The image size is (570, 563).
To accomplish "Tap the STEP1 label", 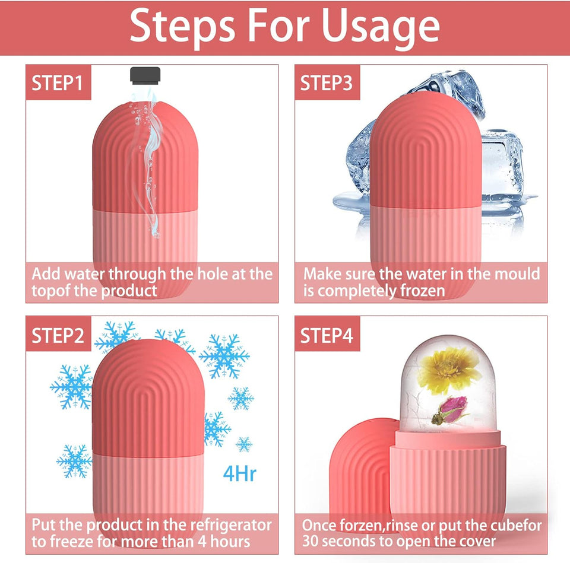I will pyautogui.click(x=58, y=83).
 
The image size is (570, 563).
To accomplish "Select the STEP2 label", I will pyautogui.click(x=58, y=335).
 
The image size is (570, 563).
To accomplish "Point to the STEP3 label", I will pyautogui.click(x=327, y=83).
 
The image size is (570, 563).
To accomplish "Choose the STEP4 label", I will pyautogui.click(x=327, y=335).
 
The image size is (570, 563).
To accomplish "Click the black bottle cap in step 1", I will pyautogui.click(x=145, y=75).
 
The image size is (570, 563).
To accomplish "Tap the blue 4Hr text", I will pyautogui.click(x=240, y=474).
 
